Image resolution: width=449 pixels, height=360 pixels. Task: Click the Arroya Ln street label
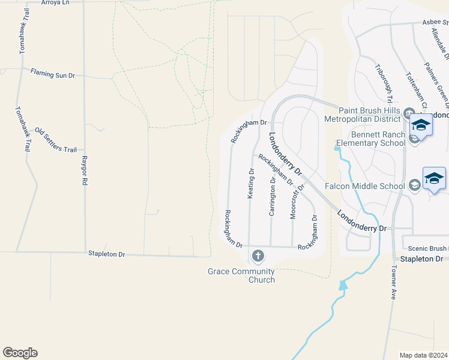tap(56, 2)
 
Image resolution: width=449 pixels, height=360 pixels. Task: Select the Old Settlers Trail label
tap(56, 140)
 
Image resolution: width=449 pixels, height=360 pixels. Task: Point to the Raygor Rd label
tap(85, 171)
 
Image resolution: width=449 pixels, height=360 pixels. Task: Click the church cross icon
tap(258, 256)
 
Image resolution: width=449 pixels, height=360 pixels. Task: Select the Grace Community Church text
tap(241, 275)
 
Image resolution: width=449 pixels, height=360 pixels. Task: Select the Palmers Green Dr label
tap(436, 82)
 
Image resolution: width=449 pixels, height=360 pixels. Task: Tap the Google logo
tap(20, 353)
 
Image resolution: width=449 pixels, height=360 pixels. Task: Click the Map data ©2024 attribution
tap(424, 355)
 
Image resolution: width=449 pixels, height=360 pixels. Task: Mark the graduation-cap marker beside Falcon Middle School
tap(434, 179)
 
